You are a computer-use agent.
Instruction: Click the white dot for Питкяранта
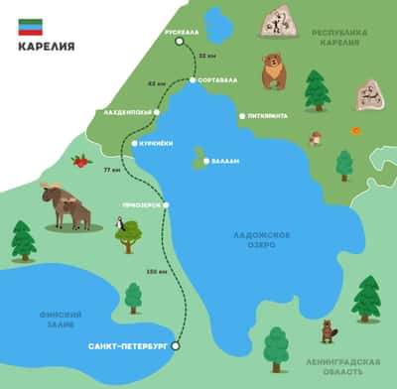click(241, 116)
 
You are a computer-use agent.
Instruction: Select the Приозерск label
click(142, 205)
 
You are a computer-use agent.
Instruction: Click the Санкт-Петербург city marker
click(176, 346)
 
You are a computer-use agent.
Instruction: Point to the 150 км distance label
click(156, 270)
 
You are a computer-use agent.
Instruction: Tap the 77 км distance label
click(111, 170)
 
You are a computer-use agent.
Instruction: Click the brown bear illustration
click(272, 70)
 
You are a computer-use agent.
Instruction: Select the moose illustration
click(66, 203)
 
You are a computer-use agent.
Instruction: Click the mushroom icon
click(316, 138)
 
